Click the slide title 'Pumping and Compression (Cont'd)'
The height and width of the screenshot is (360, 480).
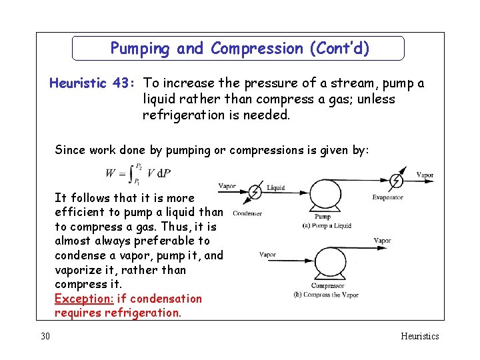[x=239, y=49]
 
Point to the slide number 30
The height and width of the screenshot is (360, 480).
[x=45, y=336]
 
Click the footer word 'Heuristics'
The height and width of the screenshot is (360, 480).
[x=419, y=336]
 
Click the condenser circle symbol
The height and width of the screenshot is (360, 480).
[x=254, y=193]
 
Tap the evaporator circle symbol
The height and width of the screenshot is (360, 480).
[x=396, y=180]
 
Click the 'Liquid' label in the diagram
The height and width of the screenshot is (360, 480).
[x=275, y=188]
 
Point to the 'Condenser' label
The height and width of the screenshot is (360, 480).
[x=247, y=213]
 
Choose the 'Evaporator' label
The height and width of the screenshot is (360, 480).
[x=387, y=197]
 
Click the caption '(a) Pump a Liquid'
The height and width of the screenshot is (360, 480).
[x=327, y=225]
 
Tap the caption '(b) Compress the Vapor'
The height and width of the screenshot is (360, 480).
[x=326, y=295]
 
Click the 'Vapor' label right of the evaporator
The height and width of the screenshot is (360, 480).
[x=425, y=175]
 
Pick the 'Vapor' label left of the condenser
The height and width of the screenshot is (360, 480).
[x=227, y=186]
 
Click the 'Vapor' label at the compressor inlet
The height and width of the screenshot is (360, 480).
[x=267, y=254]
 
